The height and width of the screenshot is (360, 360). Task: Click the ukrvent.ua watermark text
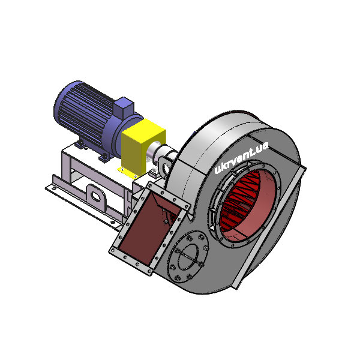click(241, 158)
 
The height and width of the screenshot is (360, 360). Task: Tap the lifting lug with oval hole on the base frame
click(96, 197)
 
